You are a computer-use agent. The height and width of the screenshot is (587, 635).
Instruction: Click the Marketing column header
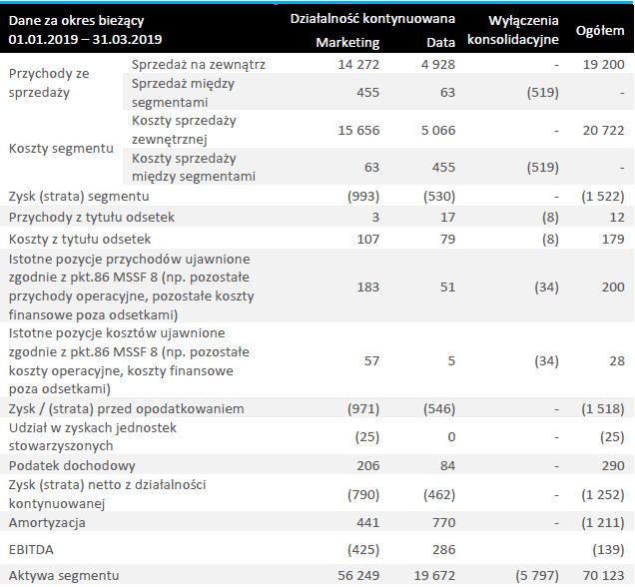point(346,43)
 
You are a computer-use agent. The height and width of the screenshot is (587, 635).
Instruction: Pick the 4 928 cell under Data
point(435,65)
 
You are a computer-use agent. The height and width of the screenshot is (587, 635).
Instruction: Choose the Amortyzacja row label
point(47,522)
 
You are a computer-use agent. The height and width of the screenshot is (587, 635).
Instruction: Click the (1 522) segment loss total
point(602,196)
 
